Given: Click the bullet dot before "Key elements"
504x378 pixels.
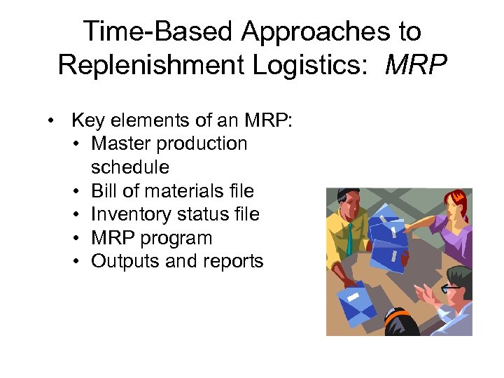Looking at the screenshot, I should (52, 120).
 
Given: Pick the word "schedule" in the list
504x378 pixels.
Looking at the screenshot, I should (129, 167).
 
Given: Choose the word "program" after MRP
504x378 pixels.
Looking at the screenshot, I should (176, 238).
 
